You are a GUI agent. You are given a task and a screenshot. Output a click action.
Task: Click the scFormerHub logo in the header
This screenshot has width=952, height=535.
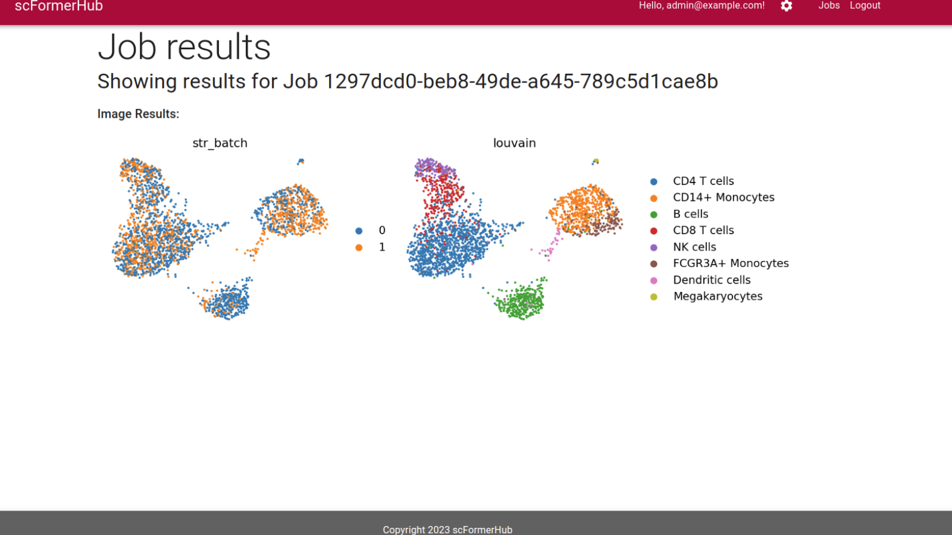59,6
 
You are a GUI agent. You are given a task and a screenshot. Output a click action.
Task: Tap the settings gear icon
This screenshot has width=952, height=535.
786,6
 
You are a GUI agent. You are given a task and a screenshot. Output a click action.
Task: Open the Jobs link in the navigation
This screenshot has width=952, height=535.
829,5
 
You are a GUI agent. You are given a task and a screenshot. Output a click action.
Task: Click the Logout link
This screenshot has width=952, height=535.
865,5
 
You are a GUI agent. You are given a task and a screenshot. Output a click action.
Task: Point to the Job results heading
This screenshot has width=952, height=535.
184,47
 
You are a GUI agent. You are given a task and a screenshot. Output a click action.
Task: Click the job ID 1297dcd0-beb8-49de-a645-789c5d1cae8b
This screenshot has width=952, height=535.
521,81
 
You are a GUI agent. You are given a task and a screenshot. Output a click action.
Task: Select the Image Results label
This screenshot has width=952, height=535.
138,114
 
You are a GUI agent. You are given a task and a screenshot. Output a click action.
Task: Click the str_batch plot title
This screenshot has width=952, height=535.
220,143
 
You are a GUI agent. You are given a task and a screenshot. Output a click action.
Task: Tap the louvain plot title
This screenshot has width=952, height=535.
514,143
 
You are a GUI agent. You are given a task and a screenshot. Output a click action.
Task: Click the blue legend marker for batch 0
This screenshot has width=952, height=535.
359,231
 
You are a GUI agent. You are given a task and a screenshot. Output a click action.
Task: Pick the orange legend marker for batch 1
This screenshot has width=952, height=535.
359,247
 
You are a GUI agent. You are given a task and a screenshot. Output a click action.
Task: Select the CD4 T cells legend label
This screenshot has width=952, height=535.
703,181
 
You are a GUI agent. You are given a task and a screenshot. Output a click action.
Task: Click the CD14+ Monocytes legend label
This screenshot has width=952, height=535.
724,197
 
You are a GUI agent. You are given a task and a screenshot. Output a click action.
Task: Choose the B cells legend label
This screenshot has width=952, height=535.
691,214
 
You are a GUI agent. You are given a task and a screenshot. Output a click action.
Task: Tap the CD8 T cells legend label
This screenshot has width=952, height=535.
703,230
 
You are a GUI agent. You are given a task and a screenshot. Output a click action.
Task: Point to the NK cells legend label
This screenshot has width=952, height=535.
694,247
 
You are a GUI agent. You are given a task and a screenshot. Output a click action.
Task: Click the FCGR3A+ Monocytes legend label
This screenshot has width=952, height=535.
731,263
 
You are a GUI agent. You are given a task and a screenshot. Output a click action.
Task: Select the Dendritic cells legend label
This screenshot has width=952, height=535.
712,280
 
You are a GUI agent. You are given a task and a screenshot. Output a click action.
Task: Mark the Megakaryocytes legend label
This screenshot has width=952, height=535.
718,297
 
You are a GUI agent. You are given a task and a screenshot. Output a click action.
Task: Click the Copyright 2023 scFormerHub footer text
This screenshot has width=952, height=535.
447,530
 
